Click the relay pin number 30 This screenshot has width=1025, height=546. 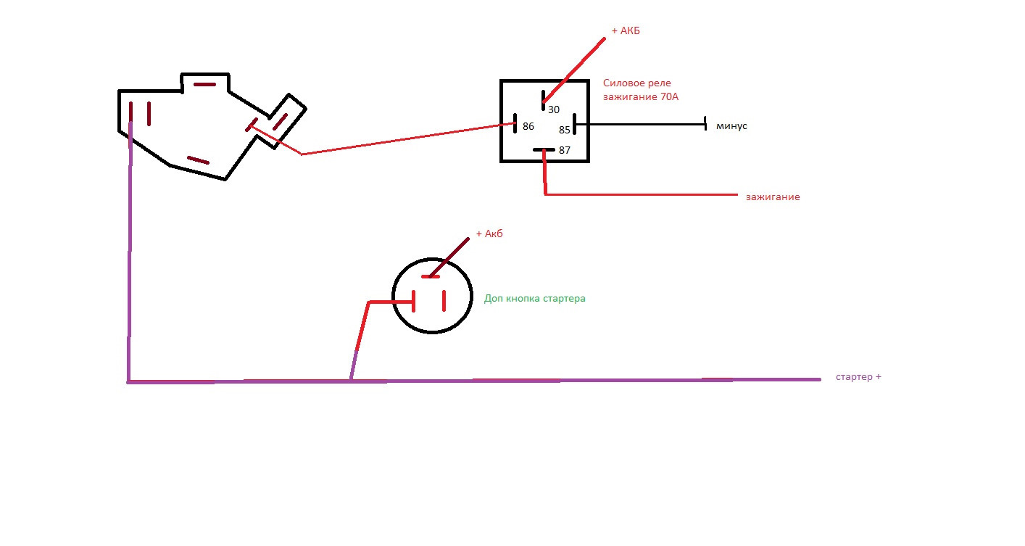coord(554,109)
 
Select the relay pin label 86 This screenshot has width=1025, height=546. coord(528,126)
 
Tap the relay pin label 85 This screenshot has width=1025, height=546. coord(565,131)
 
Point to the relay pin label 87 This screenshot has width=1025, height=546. coord(565,150)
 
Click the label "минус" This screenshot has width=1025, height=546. coord(731,126)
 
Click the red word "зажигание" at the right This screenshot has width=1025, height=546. coord(773,197)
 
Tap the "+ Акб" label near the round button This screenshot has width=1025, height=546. coord(489,233)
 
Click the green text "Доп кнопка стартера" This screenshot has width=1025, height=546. coord(534,298)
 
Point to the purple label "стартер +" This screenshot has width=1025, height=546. coord(858,377)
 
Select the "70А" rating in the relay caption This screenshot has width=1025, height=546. coord(669,96)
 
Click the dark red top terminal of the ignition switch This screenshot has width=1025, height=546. coord(205,84)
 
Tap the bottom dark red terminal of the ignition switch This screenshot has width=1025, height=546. coord(198,160)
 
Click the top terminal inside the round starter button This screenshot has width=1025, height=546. coord(431,276)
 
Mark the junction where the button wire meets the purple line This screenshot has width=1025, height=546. coord(352,379)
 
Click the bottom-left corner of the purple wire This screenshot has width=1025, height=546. coord(129,381)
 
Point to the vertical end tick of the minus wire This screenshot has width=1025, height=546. coord(705,125)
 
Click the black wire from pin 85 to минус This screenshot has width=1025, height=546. coord(638,125)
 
